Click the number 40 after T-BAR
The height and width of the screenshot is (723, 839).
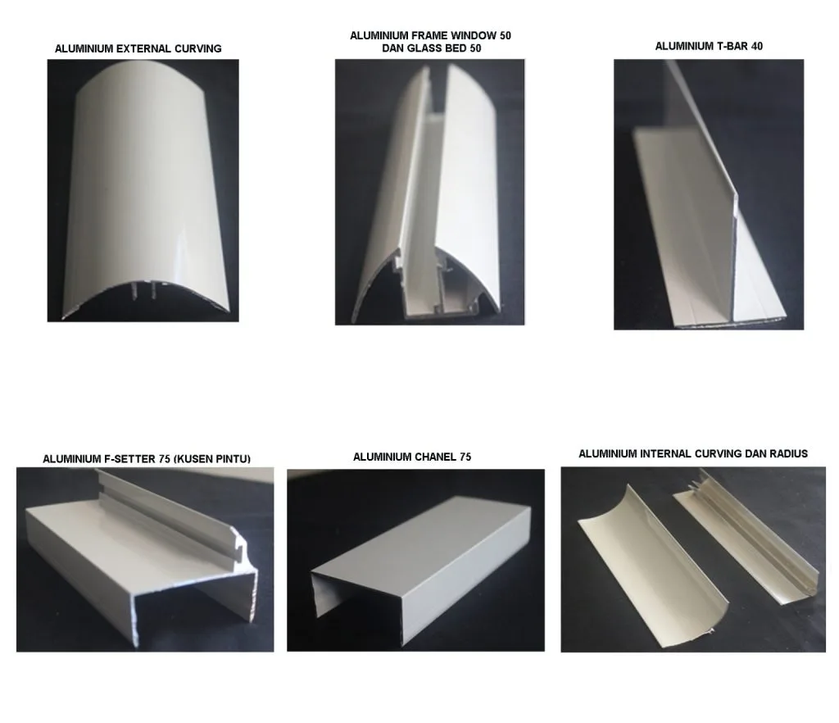pos(756,47)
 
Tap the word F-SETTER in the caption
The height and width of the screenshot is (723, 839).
pos(135,460)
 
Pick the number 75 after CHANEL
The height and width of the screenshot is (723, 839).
pos(465,457)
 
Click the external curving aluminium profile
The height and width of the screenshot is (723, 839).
pos(143,189)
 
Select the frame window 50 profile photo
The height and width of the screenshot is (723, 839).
pos(429,193)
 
